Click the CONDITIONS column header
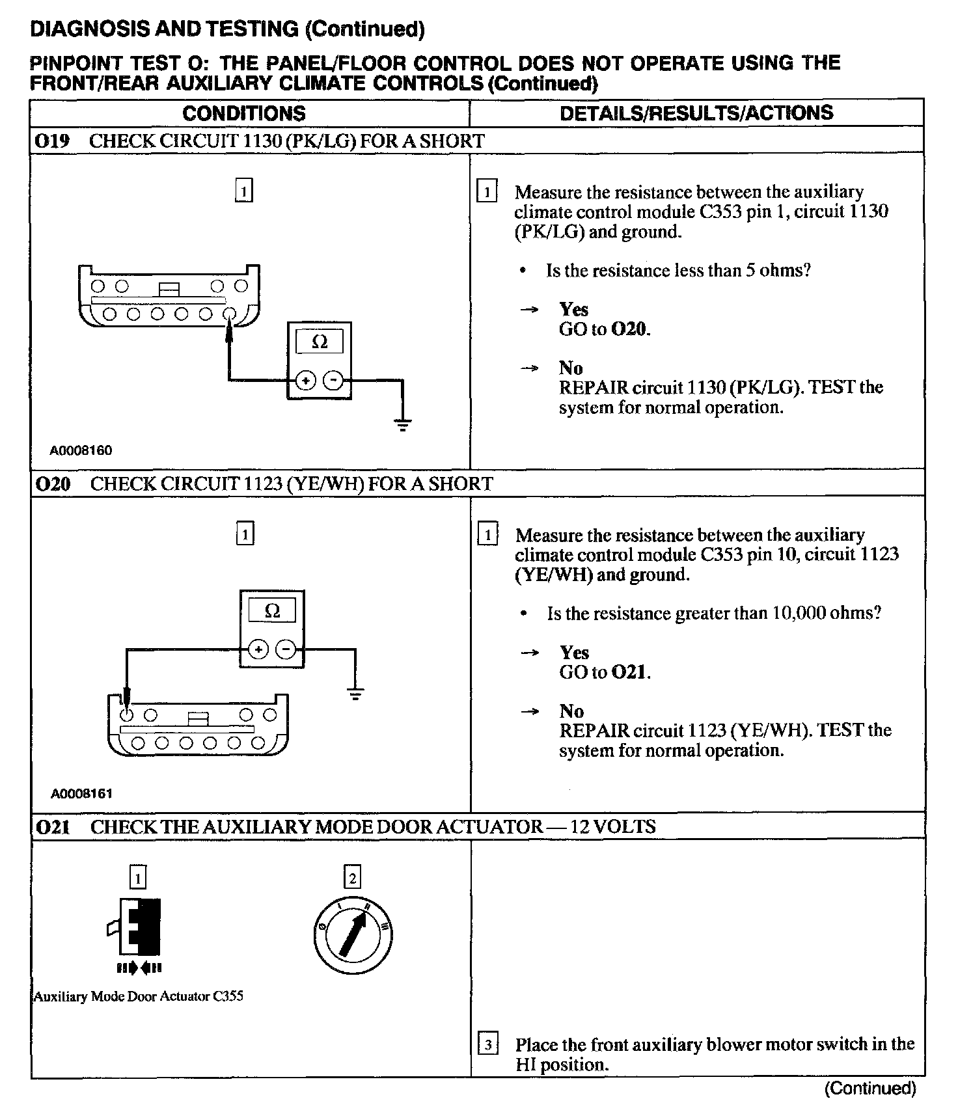(x=243, y=113)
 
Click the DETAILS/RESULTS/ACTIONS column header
(x=696, y=113)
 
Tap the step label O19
(x=52, y=141)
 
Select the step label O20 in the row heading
(x=53, y=484)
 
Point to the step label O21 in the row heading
(x=53, y=827)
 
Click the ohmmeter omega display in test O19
(x=319, y=342)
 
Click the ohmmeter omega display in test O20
(x=272, y=610)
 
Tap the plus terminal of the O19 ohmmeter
(x=306, y=380)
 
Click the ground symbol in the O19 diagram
(x=403, y=426)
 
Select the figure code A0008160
(x=81, y=450)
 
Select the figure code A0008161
(x=81, y=793)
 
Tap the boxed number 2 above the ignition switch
(x=352, y=878)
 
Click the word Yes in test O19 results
(x=573, y=309)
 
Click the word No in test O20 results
(x=571, y=711)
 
